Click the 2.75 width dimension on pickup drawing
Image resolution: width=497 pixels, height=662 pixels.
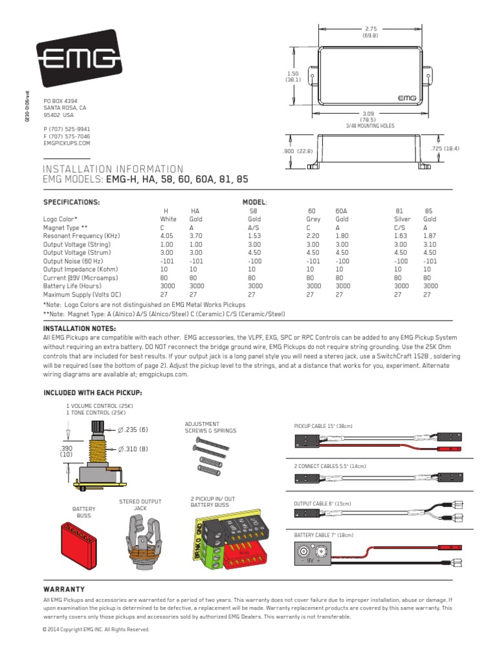pyautogui.click(x=370, y=32)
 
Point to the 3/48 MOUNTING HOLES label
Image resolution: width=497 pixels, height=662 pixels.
pyautogui.click(x=371, y=126)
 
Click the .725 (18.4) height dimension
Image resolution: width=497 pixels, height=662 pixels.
pyautogui.click(x=445, y=148)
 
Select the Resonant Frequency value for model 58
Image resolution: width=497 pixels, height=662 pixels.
pyautogui.click(x=253, y=236)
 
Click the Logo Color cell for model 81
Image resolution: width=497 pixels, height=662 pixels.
pyautogui.click(x=403, y=219)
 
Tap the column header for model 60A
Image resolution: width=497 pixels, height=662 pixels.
pyautogui.click(x=341, y=211)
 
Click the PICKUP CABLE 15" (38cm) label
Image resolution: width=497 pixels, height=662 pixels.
pyautogui.click(x=324, y=426)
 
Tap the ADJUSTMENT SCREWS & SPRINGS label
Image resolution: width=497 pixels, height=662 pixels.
pyautogui.click(x=210, y=427)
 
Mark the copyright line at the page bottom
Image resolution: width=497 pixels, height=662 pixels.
pyautogui.click(x=96, y=629)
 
